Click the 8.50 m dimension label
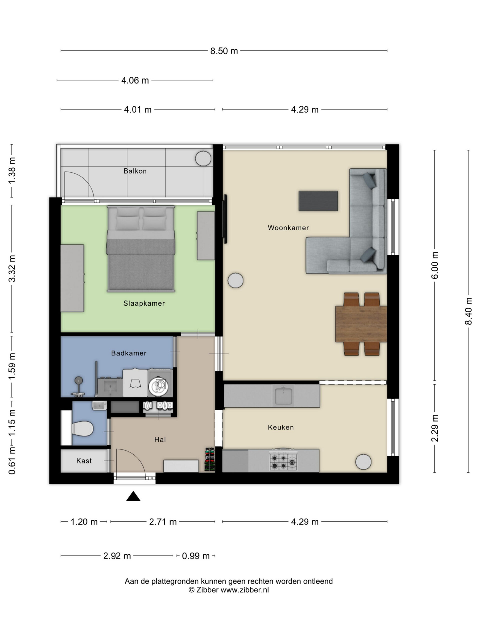tap(224, 51)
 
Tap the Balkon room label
tap(135, 171)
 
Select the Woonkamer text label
tap(288, 228)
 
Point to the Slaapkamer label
tap(144, 303)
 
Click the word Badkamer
tap(129, 353)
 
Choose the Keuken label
tap(281, 427)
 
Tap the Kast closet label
tap(84, 461)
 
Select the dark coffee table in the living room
tap(318, 201)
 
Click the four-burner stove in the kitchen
tap(283, 460)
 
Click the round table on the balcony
tap(203, 158)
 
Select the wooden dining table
tap(361, 324)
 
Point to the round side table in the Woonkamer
tap(235, 280)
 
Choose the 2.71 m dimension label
tap(163, 522)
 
